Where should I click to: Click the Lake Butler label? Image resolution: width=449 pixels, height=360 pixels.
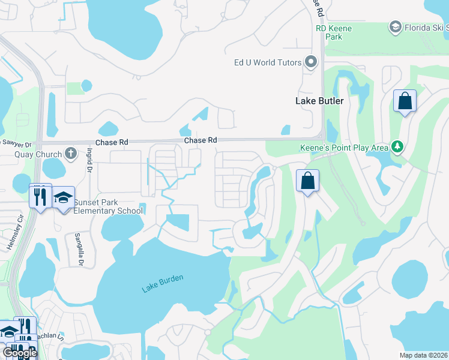coord(319,101)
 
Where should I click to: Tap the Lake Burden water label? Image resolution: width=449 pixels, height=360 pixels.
coord(162,283)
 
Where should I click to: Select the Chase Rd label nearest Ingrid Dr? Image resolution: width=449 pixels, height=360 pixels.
coord(112,143)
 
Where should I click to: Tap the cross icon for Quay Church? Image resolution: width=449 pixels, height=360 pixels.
coord(71,152)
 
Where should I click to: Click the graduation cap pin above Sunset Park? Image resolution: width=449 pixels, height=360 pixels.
coord(63,197)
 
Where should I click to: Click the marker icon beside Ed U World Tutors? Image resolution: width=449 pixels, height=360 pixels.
coord(311,62)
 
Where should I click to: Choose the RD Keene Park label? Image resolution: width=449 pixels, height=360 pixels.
coord(334,32)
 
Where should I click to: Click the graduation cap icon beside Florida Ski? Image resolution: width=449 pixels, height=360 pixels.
coord(395,27)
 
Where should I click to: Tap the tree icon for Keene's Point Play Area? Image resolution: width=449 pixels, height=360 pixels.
coord(396,146)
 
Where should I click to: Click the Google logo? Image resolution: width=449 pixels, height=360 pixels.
coord(20,353)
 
